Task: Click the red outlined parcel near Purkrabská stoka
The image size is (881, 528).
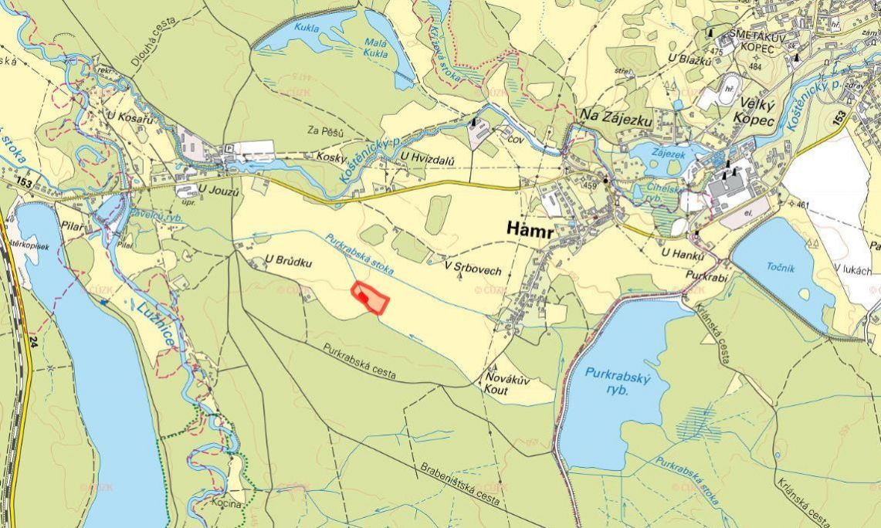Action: coord(370,297)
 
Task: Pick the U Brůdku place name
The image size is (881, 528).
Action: coord(288,262)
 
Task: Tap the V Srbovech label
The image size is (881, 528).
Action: coord(473,270)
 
